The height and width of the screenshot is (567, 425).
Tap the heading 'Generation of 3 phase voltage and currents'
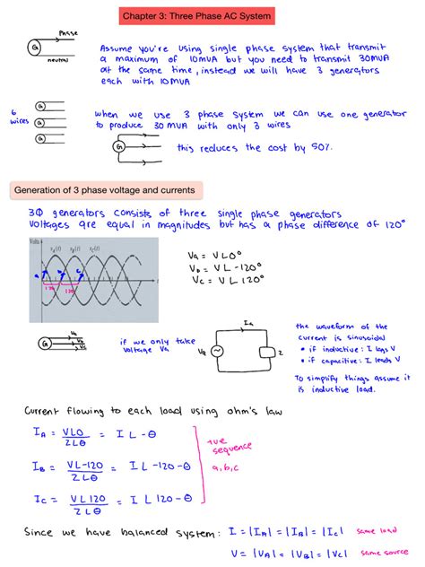click(x=106, y=190)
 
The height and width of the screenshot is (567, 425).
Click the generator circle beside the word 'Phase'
click(x=33, y=46)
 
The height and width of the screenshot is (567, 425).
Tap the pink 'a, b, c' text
click(x=221, y=467)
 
